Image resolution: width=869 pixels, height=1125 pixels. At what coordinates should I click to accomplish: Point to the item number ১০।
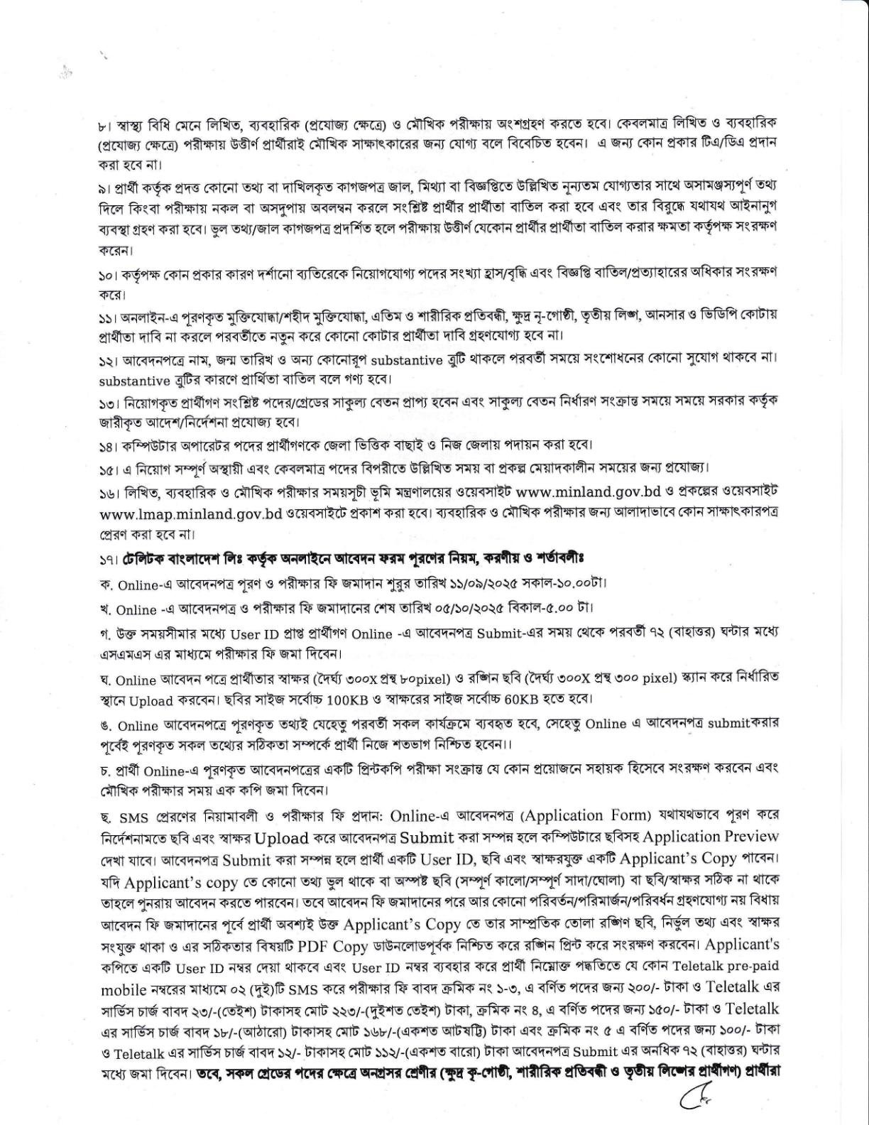(x=109, y=275)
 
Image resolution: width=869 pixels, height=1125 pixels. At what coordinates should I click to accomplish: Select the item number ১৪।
(x=109, y=447)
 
